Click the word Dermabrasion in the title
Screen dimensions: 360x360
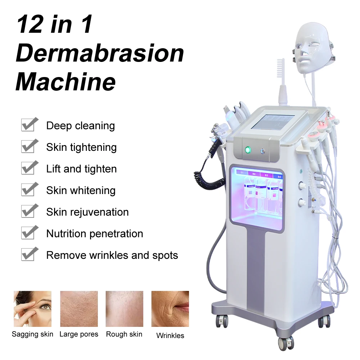pos(100,54)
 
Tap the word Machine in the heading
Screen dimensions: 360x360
pos(66,82)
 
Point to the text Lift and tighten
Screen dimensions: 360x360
pos(81,169)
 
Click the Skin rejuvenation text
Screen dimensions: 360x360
pos(87,212)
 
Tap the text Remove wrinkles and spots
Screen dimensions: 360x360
pos(112,255)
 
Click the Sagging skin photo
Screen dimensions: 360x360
pos(32,309)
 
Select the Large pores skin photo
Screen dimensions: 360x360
pos(79,309)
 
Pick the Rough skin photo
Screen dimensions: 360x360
pos(124,309)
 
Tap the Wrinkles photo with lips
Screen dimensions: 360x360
pos(170,309)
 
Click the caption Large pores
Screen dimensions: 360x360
pos(79,334)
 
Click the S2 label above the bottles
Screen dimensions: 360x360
pos(253,174)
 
